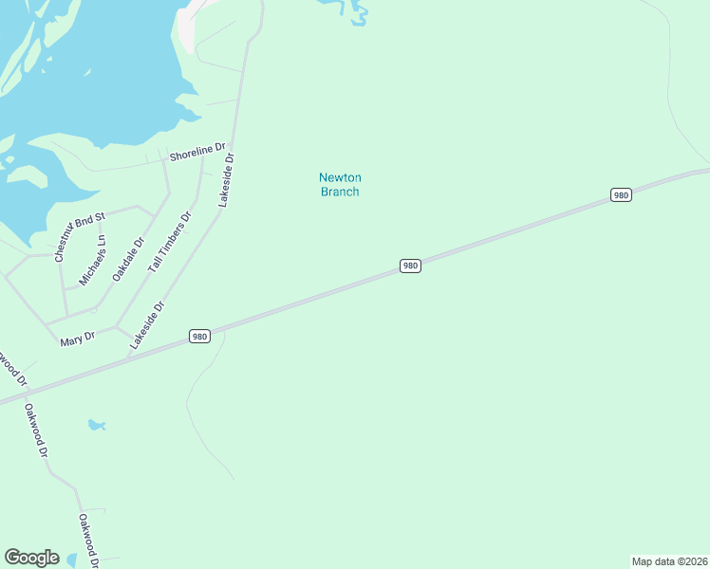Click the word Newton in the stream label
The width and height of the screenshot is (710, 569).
point(340,177)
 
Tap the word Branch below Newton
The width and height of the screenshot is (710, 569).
point(340,192)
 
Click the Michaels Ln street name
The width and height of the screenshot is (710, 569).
point(93,261)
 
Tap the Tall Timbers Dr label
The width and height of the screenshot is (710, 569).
point(170,242)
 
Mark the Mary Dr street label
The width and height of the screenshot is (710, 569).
point(78,337)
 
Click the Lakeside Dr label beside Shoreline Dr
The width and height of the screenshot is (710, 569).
point(226,180)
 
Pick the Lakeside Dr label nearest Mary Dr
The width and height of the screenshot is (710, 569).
point(148,325)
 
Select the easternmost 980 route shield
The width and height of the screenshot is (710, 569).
point(621,195)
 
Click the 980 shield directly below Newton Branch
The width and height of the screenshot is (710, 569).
point(410,266)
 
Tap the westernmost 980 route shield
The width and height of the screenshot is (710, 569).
point(198,337)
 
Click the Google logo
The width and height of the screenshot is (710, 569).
point(31,558)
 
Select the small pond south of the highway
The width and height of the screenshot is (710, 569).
point(96,425)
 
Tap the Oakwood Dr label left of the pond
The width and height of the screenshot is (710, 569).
point(36,431)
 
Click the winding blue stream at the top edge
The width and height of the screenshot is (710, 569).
point(357,13)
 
